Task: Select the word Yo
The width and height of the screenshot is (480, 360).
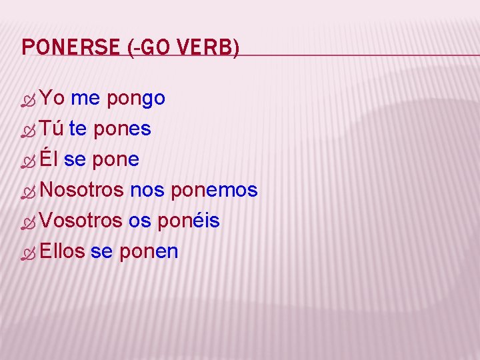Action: coord(51,99)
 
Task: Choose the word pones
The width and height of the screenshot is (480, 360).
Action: coord(122,129)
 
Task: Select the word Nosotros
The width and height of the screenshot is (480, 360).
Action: coord(81,190)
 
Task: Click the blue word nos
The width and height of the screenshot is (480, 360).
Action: coord(147,191)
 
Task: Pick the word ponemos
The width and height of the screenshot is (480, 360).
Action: coord(214,191)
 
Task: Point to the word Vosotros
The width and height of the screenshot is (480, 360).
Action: coord(81,221)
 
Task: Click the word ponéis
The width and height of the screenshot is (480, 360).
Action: coord(189,221)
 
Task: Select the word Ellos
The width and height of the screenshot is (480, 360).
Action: coord(62,251)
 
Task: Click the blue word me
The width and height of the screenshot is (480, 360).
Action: coord(85,99)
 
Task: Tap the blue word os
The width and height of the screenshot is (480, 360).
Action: coord(139,221)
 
